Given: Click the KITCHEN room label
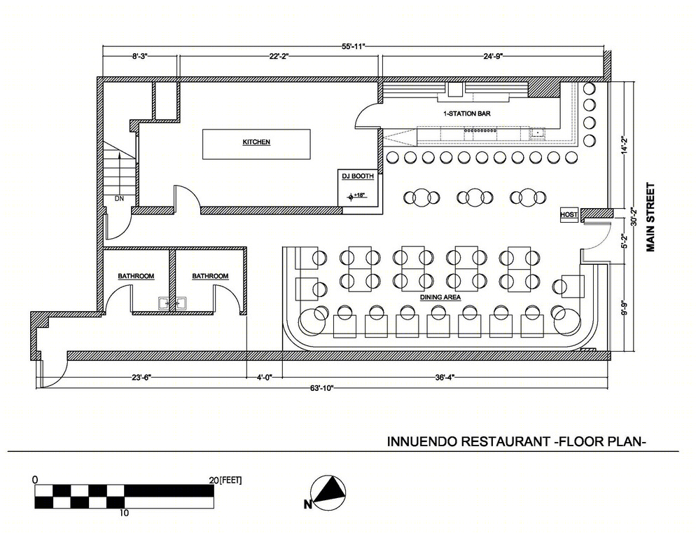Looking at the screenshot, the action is (x=256, y=142).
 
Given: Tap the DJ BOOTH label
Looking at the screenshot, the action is (x=357, y=177).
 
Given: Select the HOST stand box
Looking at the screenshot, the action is (x=569, y=214).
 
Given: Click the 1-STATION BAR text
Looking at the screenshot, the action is (x=467, y=113).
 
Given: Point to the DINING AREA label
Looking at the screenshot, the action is (x=440, y=297).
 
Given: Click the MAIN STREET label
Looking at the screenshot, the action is (x=650, y=217).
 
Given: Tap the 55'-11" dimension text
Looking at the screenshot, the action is (x=354, y=46).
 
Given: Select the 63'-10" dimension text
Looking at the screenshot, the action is (x=322, y=388).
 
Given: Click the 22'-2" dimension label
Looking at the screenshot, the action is (x=279, y=57).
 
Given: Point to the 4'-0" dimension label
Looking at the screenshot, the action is (x=264, y=378).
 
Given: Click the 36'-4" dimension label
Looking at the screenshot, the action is (x=445, y=378).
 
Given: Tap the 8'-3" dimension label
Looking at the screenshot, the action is (x=139, y=57).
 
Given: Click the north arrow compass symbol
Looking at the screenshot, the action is (x=328, y=492).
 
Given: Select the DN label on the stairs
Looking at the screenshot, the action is (x=119, y=198).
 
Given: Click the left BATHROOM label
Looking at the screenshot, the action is (x=136, y=276).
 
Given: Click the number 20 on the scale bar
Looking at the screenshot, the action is (x=214, y=481).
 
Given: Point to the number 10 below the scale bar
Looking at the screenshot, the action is (x=124, y=513).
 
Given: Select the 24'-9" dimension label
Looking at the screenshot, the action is (x=493, y=57).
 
